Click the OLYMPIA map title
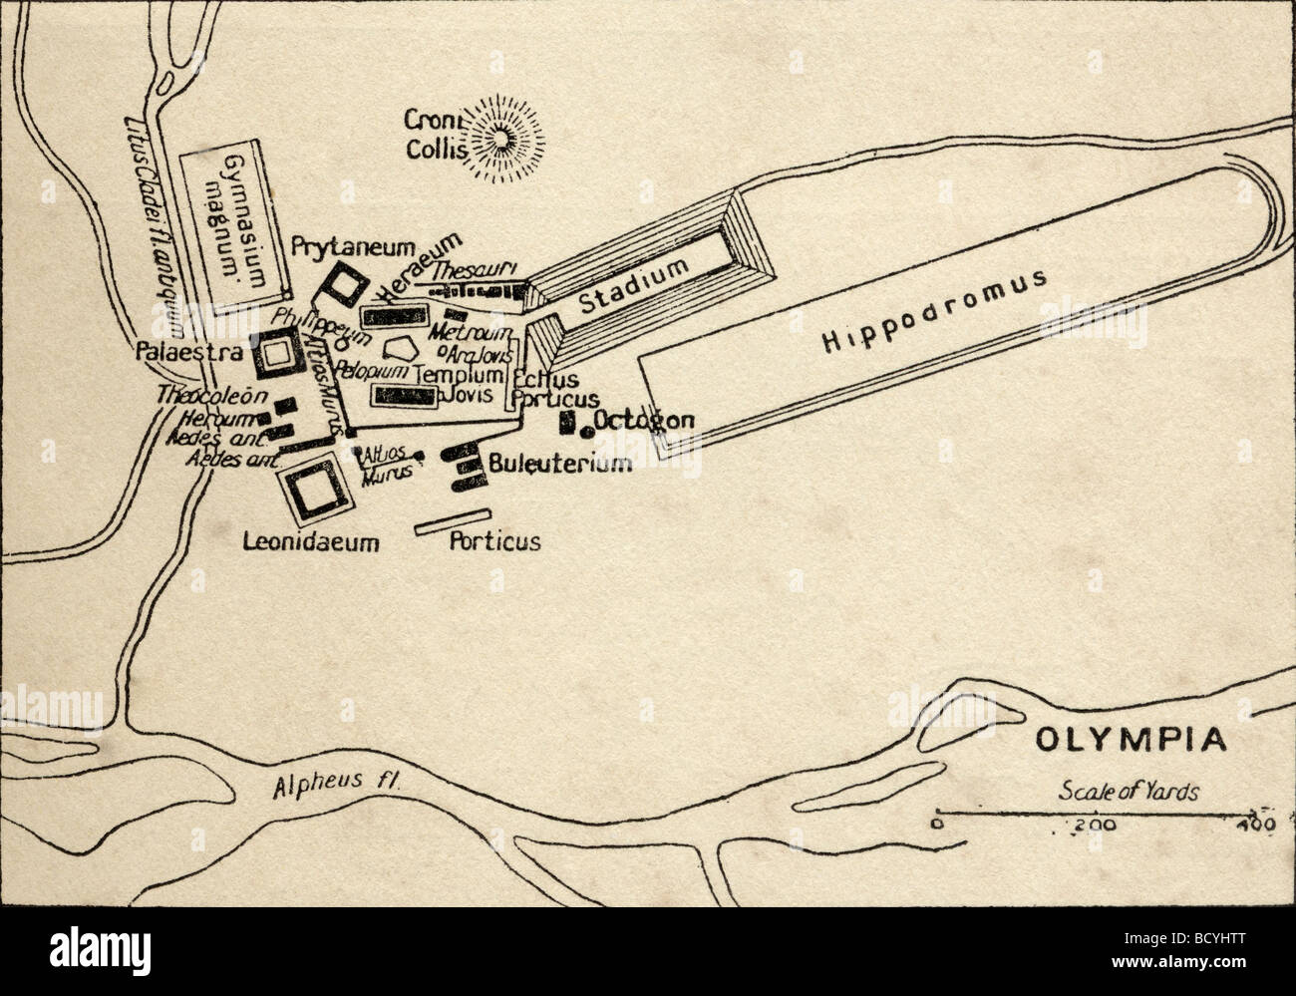(x=1129, y=741)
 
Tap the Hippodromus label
(x=934, y=310)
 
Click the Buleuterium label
(x=560, y=464)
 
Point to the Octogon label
(x=644, y=420)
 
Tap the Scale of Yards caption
(x=1129, y=793)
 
